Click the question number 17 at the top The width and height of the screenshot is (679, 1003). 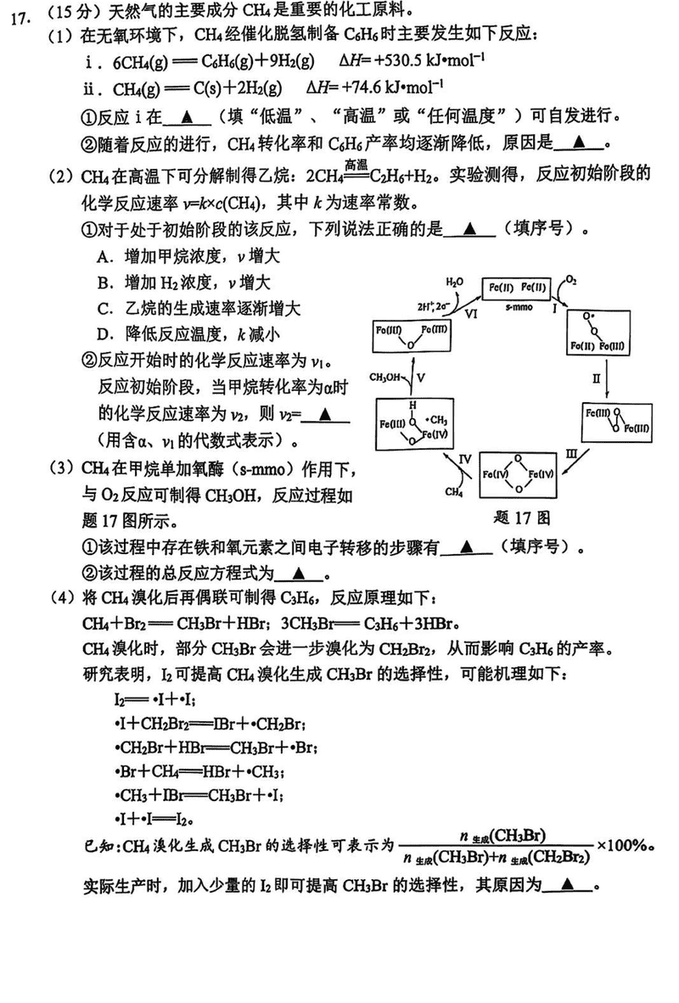coord(20,14)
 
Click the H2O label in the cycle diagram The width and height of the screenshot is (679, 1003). coord(455,280)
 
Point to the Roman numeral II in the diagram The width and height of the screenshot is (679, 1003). coord(597,374)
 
